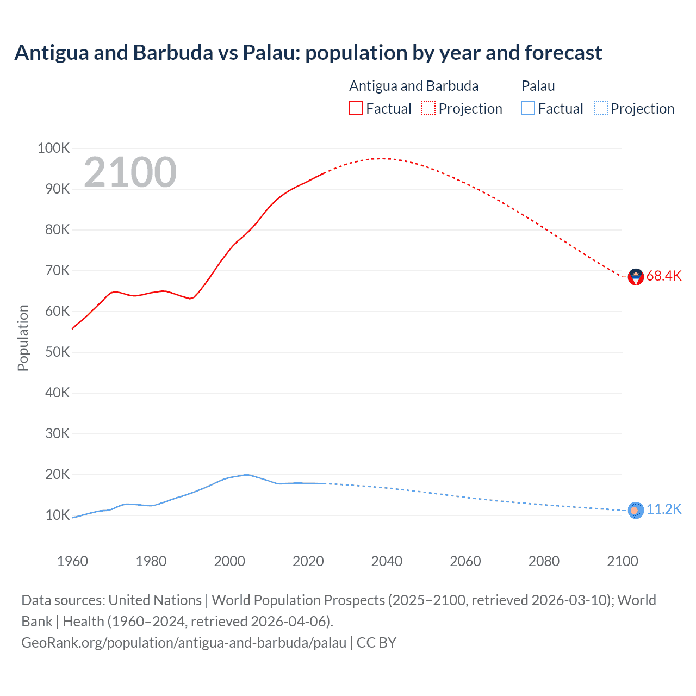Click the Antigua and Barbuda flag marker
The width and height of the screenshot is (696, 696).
636,277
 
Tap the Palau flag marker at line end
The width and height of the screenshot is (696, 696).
636,511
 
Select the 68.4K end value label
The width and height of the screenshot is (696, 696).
664,276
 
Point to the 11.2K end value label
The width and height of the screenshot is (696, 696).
664,509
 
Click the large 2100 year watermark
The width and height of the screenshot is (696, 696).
130,172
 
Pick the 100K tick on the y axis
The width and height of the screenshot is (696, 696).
53,148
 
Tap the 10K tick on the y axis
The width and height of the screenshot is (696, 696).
57,515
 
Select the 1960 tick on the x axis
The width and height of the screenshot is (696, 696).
72,561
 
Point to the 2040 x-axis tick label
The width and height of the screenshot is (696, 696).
387,561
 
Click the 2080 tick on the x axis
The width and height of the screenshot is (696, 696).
544,561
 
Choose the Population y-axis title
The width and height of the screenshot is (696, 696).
23,338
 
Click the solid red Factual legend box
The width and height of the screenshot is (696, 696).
356,108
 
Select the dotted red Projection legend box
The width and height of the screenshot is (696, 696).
428,108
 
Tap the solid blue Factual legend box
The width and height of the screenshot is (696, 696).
527,108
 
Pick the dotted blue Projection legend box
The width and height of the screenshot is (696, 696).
600,108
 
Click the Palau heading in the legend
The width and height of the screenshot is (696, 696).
538,86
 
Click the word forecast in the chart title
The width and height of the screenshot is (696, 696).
563,53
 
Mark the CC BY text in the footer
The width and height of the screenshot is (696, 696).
376,643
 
